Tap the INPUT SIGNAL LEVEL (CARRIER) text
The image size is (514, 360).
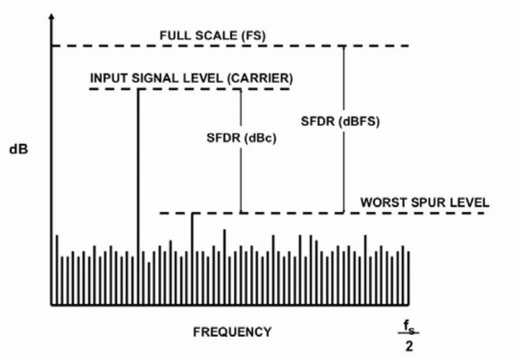point(191,78)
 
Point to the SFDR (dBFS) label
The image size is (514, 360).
point(341,122)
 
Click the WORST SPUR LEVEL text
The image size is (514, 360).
point(425,202)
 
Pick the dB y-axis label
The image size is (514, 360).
point(19,150)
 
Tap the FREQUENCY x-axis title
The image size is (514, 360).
point(232,332)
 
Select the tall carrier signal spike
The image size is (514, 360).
point(137,174)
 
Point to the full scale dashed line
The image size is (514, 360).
point(96,46)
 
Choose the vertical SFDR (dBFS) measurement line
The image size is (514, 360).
point(344,167)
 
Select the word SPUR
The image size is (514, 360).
point(425,202)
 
